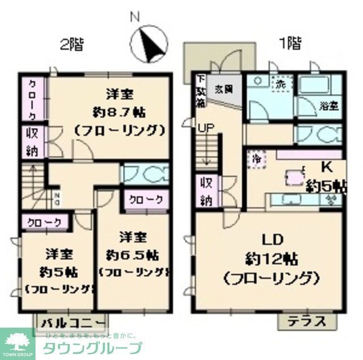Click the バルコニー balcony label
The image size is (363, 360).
click(x=73, y=323)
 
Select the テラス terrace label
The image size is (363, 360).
click(x=306, y=321)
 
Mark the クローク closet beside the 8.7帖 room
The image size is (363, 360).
click(x=33, y=98)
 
